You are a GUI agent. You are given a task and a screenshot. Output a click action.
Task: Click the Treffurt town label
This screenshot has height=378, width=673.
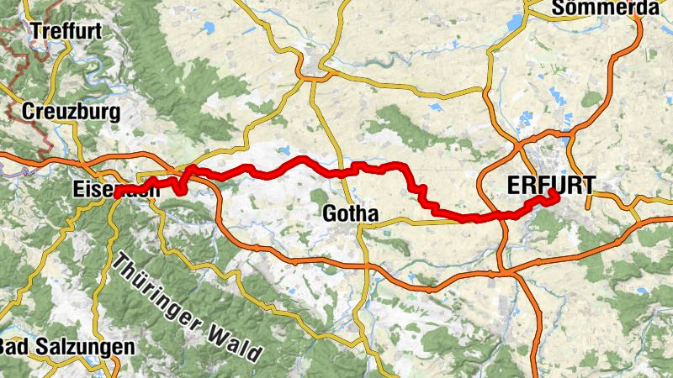click(x=65, y=31)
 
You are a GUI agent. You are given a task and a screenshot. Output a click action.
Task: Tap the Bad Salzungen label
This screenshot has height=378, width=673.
click(x=66, y=347)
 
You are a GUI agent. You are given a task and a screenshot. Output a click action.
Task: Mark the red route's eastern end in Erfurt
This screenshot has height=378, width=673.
click(x=554, y=195)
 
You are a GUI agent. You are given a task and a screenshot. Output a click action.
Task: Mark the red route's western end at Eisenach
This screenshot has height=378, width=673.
click(x=119, y=193)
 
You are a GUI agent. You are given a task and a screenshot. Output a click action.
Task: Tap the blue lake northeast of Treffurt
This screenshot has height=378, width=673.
click(x=208, y=28)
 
